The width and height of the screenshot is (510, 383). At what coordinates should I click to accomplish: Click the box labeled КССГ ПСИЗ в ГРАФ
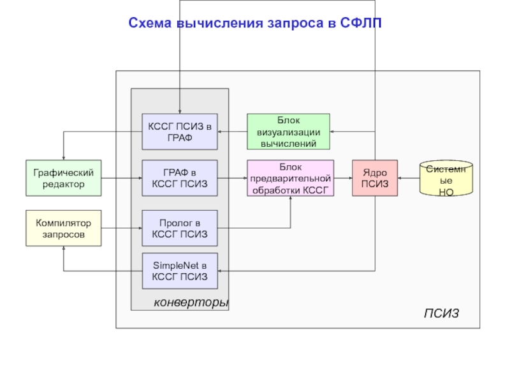pos(179,131)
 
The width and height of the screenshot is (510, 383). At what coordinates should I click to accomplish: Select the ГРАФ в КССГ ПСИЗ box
pos(179,177)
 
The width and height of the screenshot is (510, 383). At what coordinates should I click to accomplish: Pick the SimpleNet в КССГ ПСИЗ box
pos(179,271)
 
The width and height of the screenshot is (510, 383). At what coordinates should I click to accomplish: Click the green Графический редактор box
pos(64,177)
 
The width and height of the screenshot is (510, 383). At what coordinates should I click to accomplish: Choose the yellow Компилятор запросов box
pos(64,229)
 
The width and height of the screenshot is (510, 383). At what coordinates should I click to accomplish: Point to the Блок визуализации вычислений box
pos(288,131)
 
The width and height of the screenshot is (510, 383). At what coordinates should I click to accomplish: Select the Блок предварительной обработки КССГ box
pos(291,177)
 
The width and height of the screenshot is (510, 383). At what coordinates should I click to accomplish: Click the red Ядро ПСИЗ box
pos(375,177)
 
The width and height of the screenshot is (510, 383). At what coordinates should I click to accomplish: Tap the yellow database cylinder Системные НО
pos(446,179)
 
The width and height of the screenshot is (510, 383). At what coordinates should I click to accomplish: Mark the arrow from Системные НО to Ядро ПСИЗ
pos(408,178)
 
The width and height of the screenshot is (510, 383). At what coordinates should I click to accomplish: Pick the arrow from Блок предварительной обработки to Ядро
pos(343,178)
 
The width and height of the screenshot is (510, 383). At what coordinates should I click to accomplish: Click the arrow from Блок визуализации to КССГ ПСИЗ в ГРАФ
pos(232,131)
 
